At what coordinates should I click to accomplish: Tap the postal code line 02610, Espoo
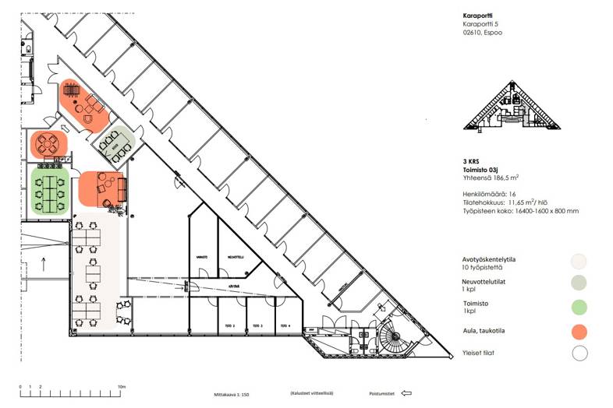coord(484,33)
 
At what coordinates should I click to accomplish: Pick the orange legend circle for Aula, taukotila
coord(579,331)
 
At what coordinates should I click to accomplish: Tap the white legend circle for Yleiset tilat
coord(579,354)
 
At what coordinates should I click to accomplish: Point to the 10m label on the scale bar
coord(122,386)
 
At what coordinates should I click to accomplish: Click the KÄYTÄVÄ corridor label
coord(233,287)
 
